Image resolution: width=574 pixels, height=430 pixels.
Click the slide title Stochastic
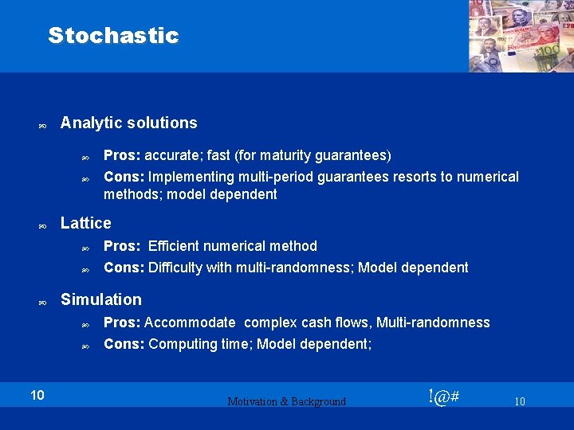[113, 36]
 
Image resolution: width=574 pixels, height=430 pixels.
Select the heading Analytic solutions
[128, 123]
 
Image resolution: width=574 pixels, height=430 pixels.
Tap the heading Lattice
[86, 223]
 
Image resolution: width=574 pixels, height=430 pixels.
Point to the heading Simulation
[101, 299]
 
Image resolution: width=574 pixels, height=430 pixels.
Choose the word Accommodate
[190, 322]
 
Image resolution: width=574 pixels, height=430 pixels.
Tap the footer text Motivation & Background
[287, 401]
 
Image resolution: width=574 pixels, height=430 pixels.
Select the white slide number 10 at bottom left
[37, 394]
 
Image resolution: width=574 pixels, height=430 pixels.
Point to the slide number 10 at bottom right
[519, 401]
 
